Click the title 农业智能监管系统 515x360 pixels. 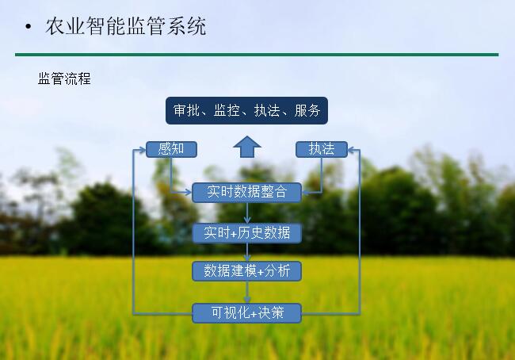pyautogui.click(x=126, y=26)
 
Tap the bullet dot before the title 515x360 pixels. pyautogui.click(x=29, y=27)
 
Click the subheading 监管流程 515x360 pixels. pyautogui.click(x=64, y=79)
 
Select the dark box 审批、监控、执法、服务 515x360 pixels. pyautogui.click(x=246, y=110)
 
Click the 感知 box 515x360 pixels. pyautogui.click(x=171, y=149)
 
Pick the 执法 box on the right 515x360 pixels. pyautogui.click(x=322, y=149)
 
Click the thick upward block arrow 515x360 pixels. pyautogui.click(x=247, y=147)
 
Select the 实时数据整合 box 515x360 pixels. pyautogui.click(x=246, y=193)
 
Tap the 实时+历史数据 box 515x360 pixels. pyautogui.click(x=246, y=233)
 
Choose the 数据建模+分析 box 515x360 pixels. pyautogui.click(x=246, y=271)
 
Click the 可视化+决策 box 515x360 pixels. pyautogui.click(x=246, y=313)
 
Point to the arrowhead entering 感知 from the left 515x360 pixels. pyautogui.click(x=143, y=150)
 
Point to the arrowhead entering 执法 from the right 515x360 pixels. pyautogui.click(x=351, y=150)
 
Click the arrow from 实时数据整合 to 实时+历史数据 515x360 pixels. pyautogui.click(x=247, y=213)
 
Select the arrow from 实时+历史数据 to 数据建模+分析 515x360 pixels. pyautogui.click(x=247, y=252)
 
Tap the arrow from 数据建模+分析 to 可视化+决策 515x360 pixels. pyautogui.click(x=247, y=293)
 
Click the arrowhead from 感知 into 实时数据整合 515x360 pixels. pyautogui.click(x=189, y=193)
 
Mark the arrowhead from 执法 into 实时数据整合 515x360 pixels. pyautogui.click(x=306, y=193)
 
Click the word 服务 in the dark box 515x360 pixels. pyautogui.click(x=307, y=110)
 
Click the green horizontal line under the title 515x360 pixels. pyautogui.click(x=257, y=55)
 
